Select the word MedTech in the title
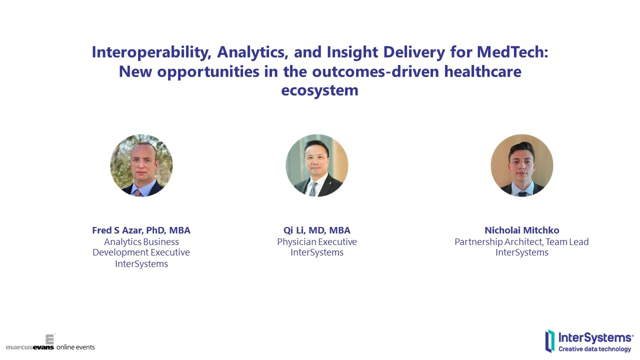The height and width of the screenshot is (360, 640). [512, 52]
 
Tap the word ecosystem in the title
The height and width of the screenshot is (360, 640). [319, 90]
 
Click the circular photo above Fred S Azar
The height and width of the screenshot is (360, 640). [141, 165]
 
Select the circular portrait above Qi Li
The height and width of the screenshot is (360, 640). [317, 165]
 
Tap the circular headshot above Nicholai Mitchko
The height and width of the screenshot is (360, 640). [522, 165]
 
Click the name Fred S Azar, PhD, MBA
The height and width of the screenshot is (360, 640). [141, 230]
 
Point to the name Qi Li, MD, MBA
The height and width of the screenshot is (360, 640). [317, 230]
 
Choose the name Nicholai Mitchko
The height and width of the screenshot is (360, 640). [521, 230]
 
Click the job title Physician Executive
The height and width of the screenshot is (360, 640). [317, 242]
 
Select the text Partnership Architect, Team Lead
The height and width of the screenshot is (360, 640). [521, 242]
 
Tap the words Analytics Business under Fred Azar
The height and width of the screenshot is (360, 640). [141, 242]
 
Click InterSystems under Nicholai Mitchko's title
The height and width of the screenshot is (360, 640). [521, 253]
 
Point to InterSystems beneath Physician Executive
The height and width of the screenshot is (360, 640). [317, 253]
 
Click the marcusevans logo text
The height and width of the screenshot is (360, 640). [29, 347]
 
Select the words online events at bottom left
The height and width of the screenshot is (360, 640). [75, 347]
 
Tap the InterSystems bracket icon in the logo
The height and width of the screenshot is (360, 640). [550, 341]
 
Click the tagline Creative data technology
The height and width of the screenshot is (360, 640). [594, 349]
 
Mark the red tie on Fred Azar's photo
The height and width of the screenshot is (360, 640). [137, 192]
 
